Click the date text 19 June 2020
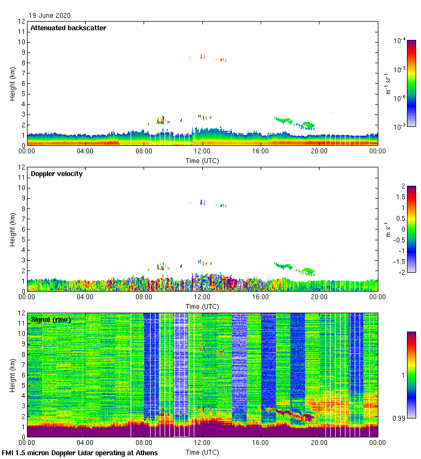[x=50, y=16]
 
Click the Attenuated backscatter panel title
[x=68, y=28]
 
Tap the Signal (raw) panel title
[x=51, y=320]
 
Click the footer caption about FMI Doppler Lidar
[x=80, y=453]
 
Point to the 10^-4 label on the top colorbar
[x=400, y=40]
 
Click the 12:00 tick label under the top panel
[x=202, y=152]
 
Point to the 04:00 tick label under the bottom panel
[x=85, y=443]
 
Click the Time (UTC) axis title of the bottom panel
[x=202, y=452]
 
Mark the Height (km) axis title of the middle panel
[x=12, y=230]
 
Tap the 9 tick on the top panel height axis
[x=22, y=52]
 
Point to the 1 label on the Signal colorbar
[x=403, y=375]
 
